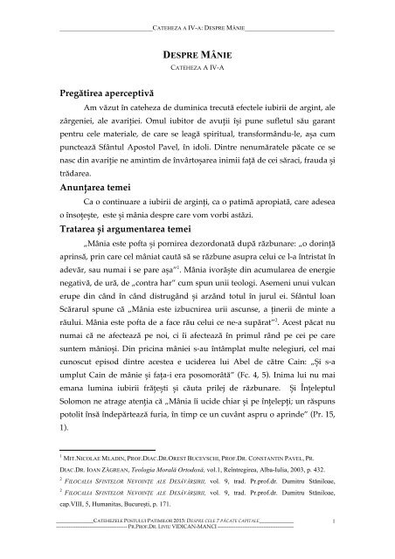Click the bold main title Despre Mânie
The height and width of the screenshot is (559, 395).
[x=197, y=54]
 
